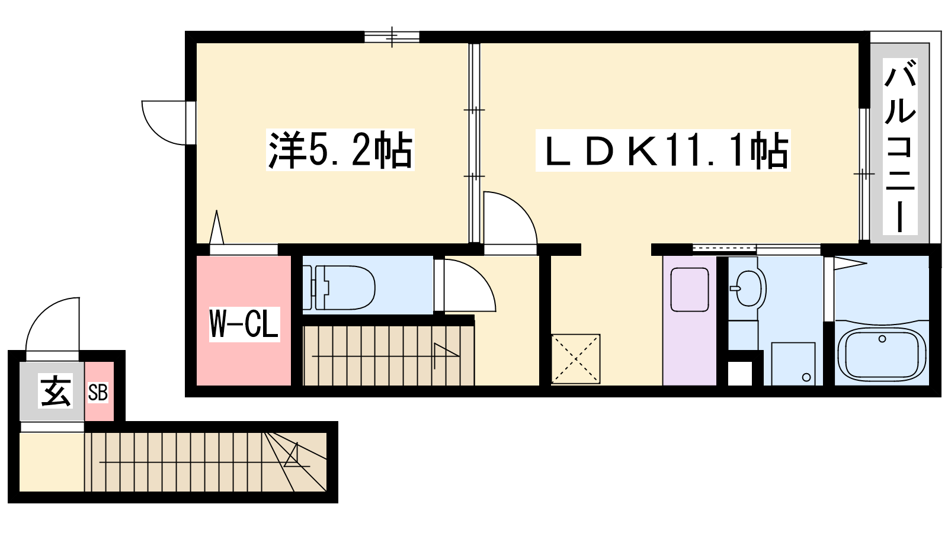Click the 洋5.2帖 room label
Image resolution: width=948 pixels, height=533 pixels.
[x=340, y=150]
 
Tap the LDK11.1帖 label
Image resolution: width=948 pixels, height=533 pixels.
[x=663, y=150]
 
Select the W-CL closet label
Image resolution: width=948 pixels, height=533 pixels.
[x=245, y=324]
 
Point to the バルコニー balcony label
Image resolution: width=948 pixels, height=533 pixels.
[x=900, y=146]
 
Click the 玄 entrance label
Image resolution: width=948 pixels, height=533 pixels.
[x=56, y=391]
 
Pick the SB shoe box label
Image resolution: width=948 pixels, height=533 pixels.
[x=98, y=393]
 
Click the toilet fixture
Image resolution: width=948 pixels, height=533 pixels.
[x=339, y=288]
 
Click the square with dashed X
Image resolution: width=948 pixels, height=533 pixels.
[x=575, y=359]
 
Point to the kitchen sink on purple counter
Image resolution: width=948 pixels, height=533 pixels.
[x=690, y=290]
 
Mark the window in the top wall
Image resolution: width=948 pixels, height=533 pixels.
[x=392, y=37]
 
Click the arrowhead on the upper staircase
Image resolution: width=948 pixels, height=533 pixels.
[x=447, y=351]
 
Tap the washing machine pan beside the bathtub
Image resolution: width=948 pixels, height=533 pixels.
[x=793, y=364]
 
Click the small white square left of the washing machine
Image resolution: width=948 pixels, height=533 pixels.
[x=740, y=373]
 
